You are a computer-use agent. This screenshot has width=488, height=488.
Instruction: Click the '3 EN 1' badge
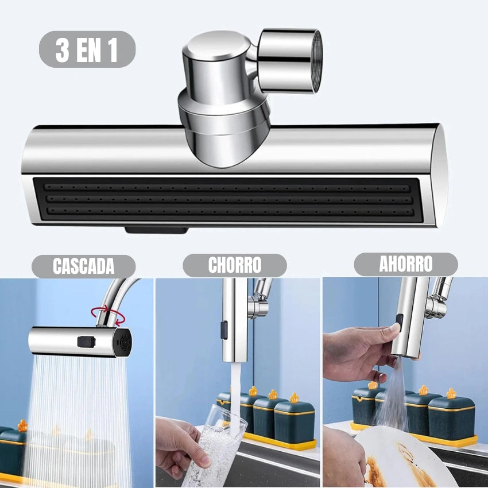click(x=87, y=49)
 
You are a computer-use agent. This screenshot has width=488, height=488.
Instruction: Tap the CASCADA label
click(x=83, y=266)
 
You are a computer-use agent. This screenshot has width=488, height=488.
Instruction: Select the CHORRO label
click(x=234, y=265)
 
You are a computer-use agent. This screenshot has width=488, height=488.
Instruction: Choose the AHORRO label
click(x=405, y=264)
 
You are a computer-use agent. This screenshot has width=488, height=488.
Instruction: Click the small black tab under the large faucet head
click(x=156, y=230)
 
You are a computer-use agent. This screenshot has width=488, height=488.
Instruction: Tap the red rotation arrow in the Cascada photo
click(x=109, y=315)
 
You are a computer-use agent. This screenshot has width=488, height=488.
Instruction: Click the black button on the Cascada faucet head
click(x=86, y=342)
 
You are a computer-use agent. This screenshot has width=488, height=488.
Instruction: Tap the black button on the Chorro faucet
click(x=224, y=329)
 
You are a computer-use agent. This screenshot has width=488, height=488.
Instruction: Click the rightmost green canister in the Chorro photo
click(x=294, y=421)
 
